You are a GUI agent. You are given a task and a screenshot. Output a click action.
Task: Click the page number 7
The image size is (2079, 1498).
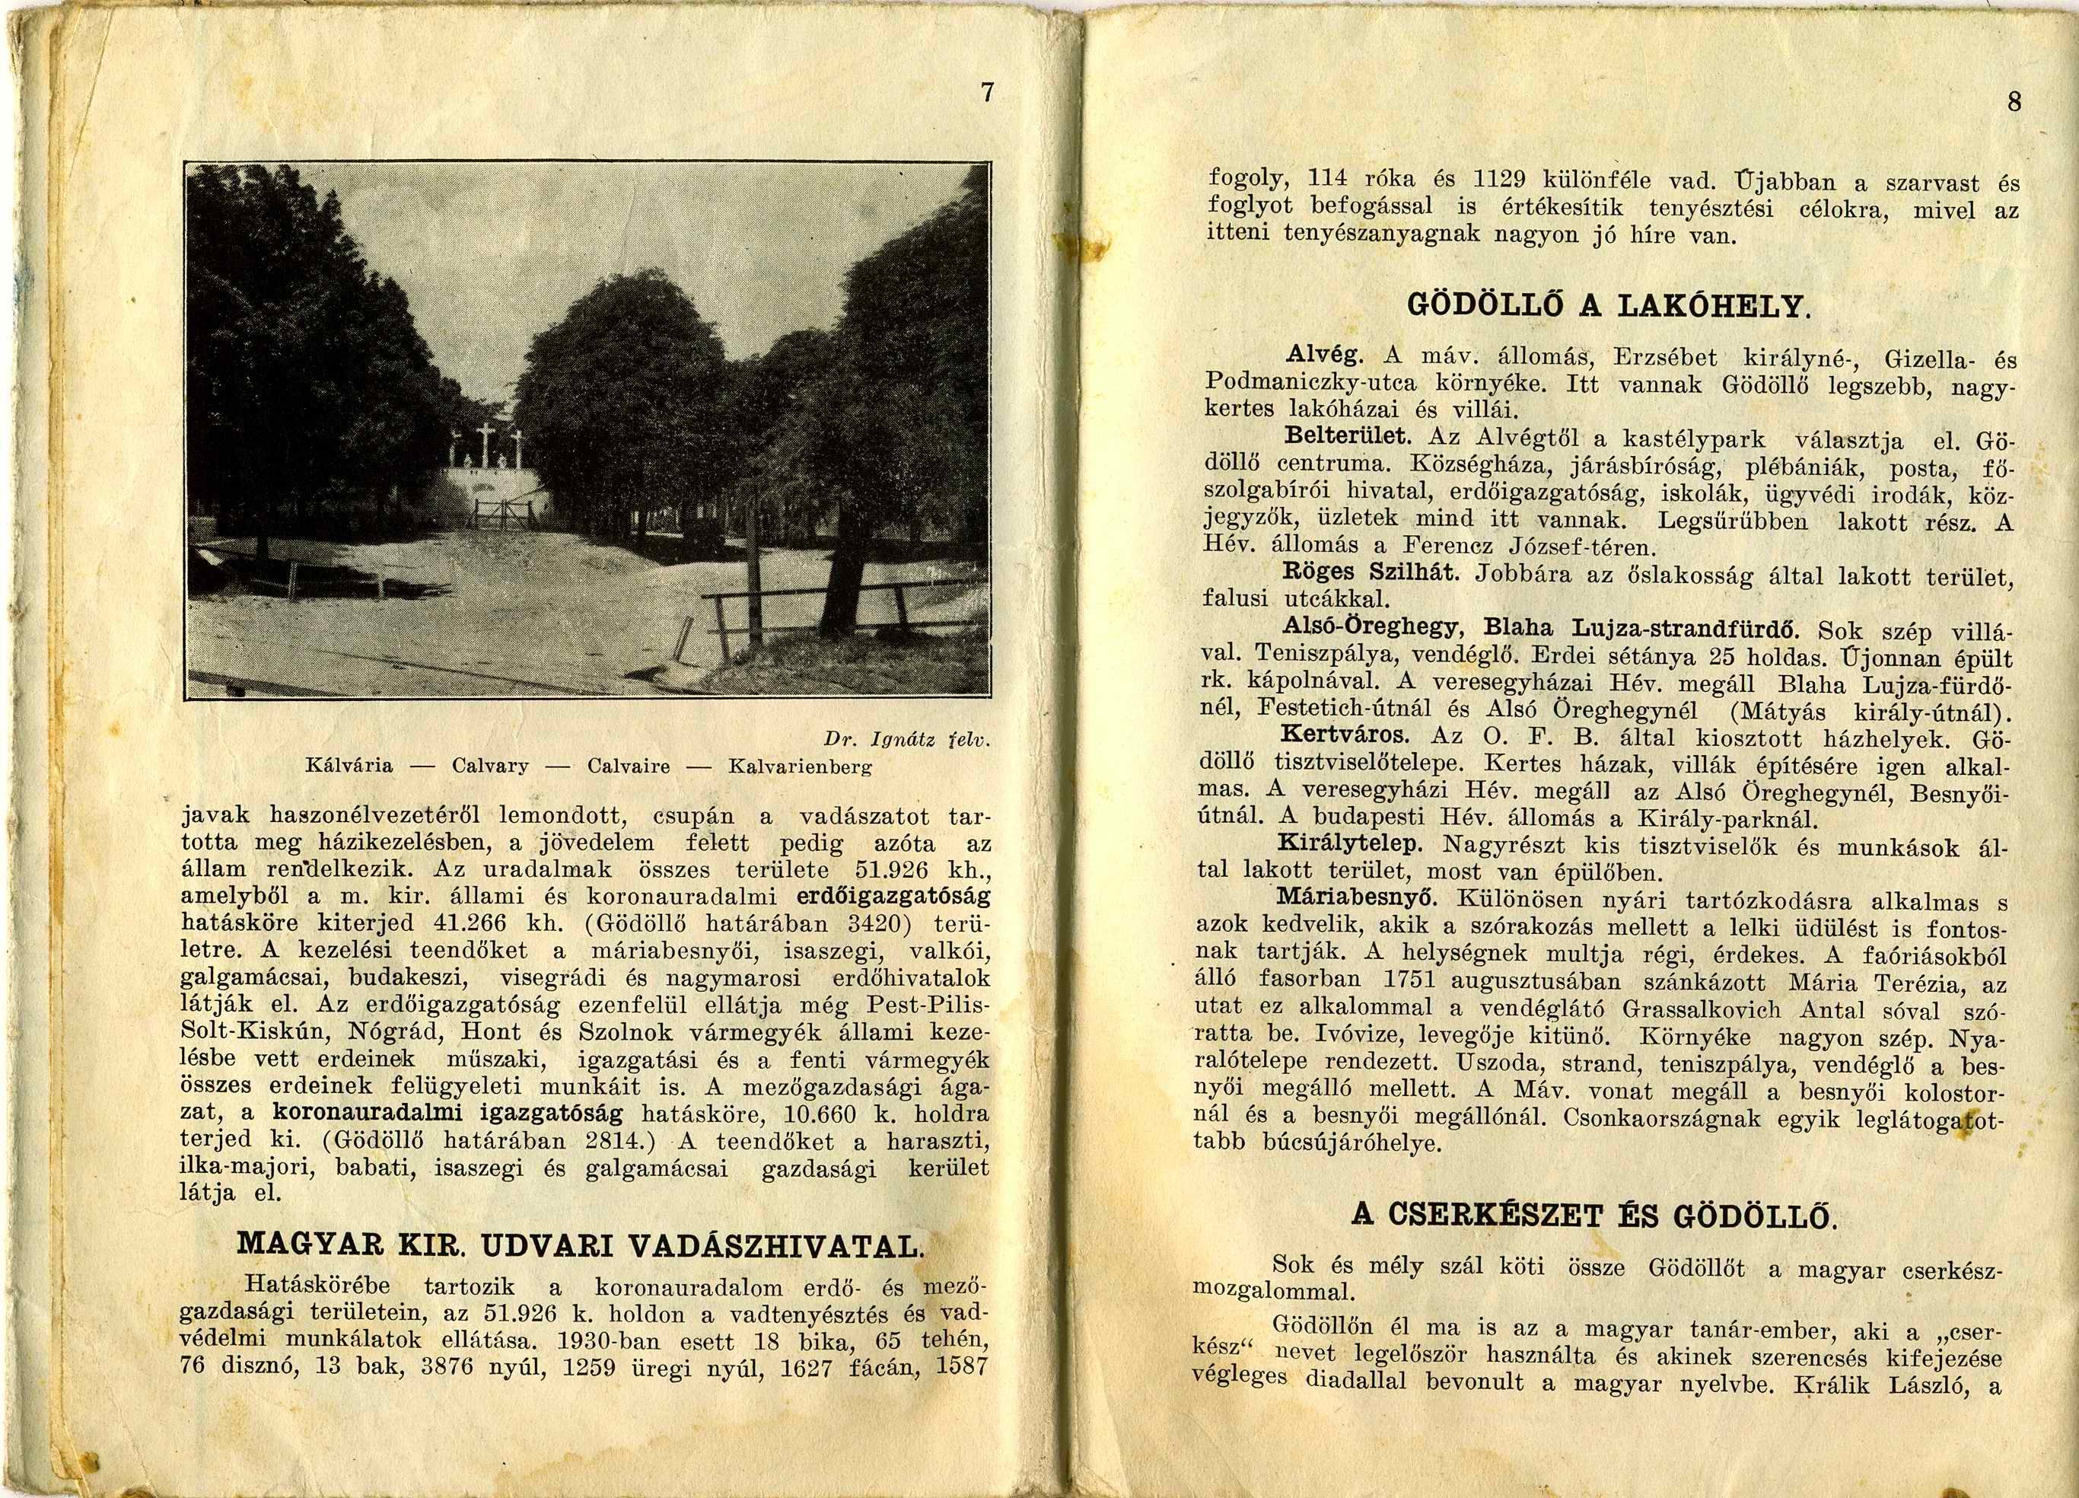click(x=986, y=93)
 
